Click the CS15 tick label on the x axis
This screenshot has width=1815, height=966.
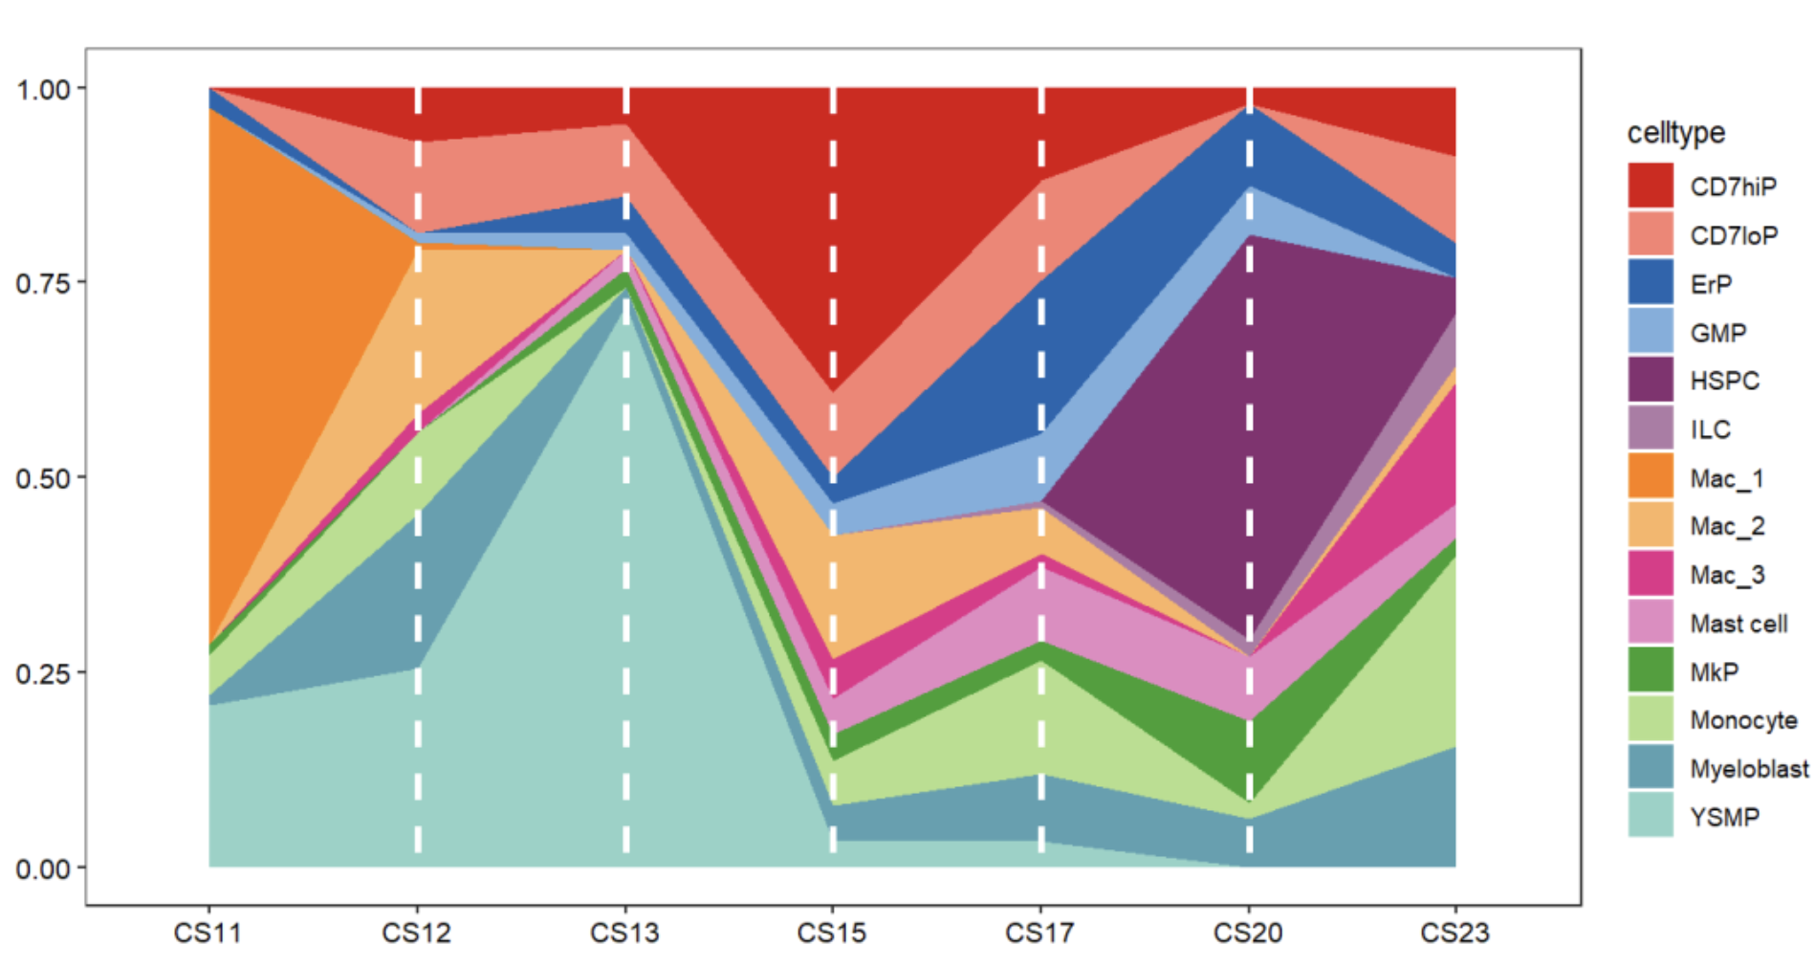832,932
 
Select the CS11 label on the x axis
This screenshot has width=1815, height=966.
208,932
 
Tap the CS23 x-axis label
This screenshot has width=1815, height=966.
1454,932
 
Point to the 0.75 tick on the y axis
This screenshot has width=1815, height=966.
43,283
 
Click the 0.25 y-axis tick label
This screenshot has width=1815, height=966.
43,673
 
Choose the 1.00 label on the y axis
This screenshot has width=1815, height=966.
43,89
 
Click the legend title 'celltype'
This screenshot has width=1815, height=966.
1675,133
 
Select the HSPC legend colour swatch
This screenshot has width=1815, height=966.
1651,380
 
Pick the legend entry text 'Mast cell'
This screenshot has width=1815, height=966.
1738,624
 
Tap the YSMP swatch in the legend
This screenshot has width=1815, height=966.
1651,816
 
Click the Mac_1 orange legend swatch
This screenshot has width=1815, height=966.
1651,476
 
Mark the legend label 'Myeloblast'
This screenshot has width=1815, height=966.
1748,768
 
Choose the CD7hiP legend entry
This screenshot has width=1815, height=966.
1732,187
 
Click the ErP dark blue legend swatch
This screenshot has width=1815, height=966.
1651,283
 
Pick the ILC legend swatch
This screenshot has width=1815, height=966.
1651,428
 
